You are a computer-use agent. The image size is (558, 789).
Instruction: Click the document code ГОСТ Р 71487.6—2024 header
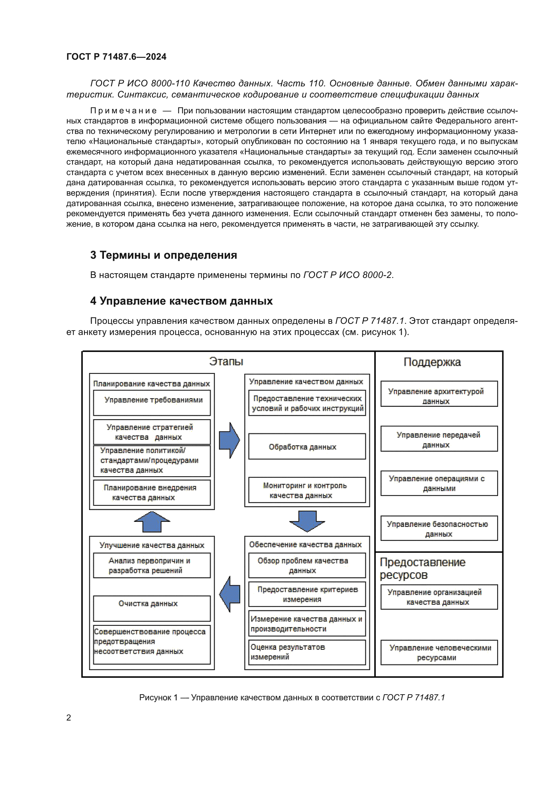[x=116, y=57]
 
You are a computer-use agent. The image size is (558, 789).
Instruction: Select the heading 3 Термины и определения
[x=164, y=255]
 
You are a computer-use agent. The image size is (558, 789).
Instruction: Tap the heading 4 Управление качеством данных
[x=182, y=301]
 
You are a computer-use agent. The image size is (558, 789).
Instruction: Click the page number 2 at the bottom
[x=69, y=717]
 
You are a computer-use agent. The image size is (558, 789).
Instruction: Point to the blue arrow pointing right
[x=229, y=440]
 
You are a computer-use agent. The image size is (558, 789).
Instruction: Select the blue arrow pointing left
[x=229, y=594]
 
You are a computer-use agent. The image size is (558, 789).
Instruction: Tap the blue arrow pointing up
[x=152, y=522]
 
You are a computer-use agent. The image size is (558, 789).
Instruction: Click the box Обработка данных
[x=307, y=446]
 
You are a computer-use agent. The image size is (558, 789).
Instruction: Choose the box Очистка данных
[x=151, y=608]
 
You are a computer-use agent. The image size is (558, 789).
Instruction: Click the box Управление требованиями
[x=151, y=402]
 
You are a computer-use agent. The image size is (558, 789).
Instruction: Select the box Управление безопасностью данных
[x=439, y=529]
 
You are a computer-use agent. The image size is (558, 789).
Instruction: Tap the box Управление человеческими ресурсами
[x=439, y=652]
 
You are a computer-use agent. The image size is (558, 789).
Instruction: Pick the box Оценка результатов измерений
[x=307, y=652]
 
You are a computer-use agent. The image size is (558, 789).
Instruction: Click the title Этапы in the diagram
[x=226, y=362]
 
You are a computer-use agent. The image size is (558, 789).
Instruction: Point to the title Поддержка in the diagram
[x=432, y=362]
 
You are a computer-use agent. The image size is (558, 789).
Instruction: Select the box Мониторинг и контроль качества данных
[x=307, y=490]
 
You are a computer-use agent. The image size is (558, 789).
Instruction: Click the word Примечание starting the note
[x=123, y=111]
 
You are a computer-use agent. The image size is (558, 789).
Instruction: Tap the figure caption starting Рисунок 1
[x=292, y=697]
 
